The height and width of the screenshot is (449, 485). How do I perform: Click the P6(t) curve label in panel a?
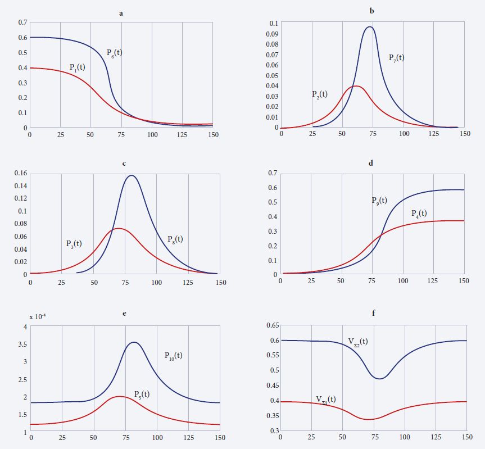(114, 53)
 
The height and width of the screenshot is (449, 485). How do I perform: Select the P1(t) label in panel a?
(77, 67)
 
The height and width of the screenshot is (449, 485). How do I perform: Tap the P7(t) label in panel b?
(396, 57)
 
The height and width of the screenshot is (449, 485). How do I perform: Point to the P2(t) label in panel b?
(320, 94)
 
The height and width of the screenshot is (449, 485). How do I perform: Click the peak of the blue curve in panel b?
(369, 27)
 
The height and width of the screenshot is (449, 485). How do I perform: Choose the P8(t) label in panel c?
(175, 239)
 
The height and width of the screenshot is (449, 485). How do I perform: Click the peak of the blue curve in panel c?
(132, 175)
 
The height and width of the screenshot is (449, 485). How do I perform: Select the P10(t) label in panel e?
(173, 355)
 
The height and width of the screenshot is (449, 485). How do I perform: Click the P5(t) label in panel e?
(142, 394)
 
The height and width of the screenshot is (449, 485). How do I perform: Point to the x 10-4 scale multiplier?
(38, 316)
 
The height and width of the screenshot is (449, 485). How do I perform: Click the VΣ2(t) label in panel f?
(358, 341)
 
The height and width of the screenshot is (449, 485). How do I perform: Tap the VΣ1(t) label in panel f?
(326, 400)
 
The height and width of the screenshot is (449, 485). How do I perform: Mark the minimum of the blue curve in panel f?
(380, 379)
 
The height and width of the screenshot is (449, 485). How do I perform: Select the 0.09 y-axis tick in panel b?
(271, 34)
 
